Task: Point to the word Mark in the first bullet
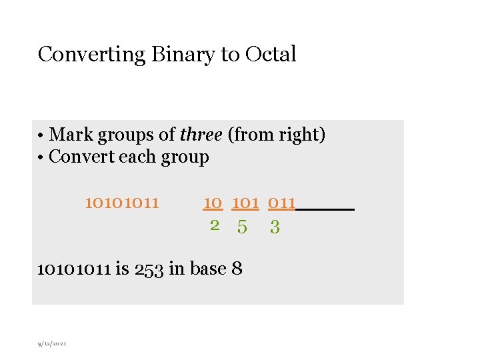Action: point(72,135)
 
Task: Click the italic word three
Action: point(201,135)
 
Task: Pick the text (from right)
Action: point(277,135)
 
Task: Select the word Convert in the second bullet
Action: point(84,157)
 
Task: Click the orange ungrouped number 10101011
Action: point(122,202)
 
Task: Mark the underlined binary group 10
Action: point(213,202)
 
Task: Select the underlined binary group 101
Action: point(245,202)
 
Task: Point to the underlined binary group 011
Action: point(281,202)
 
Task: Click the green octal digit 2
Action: point(215,225)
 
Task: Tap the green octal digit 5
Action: point(242,227)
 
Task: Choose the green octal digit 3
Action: point(275,227)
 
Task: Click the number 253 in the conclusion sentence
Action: point(149,269)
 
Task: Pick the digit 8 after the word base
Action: point(237,269)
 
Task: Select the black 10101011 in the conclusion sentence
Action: point(73,269)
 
